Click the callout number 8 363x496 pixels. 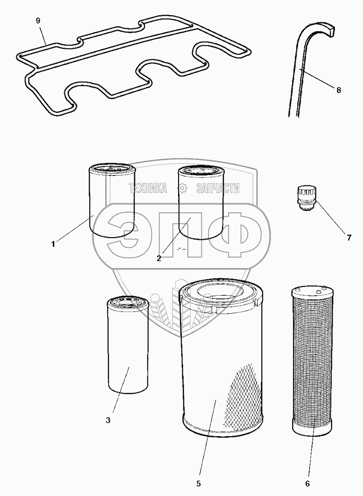point(339,90)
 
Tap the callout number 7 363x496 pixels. point(349,238)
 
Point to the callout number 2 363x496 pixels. point(159,258)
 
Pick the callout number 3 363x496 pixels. point(108,420)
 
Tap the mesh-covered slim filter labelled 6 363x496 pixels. point(311,359)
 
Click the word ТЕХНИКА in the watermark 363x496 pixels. point(148,188)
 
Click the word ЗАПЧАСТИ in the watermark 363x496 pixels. point(218,188)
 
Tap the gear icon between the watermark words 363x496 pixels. point(183,188)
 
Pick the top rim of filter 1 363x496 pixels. point(111,168)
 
